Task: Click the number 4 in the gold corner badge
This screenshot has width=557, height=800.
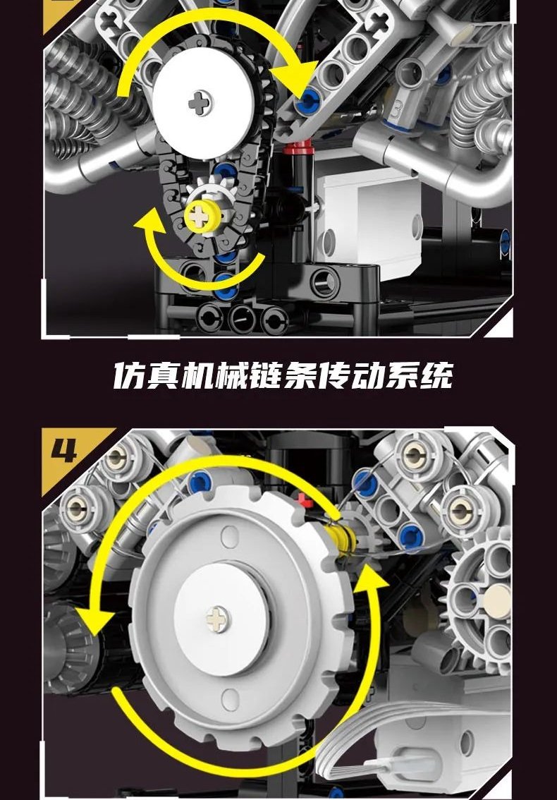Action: (64, 450)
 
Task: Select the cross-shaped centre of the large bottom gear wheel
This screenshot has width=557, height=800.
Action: (219, 619)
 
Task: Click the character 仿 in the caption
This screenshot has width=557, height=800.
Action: (127, 376)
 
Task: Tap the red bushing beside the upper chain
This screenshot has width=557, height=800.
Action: (300, 148)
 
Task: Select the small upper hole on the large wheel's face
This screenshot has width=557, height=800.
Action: (230, 537)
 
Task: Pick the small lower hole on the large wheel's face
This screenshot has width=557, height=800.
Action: (230, 700)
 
